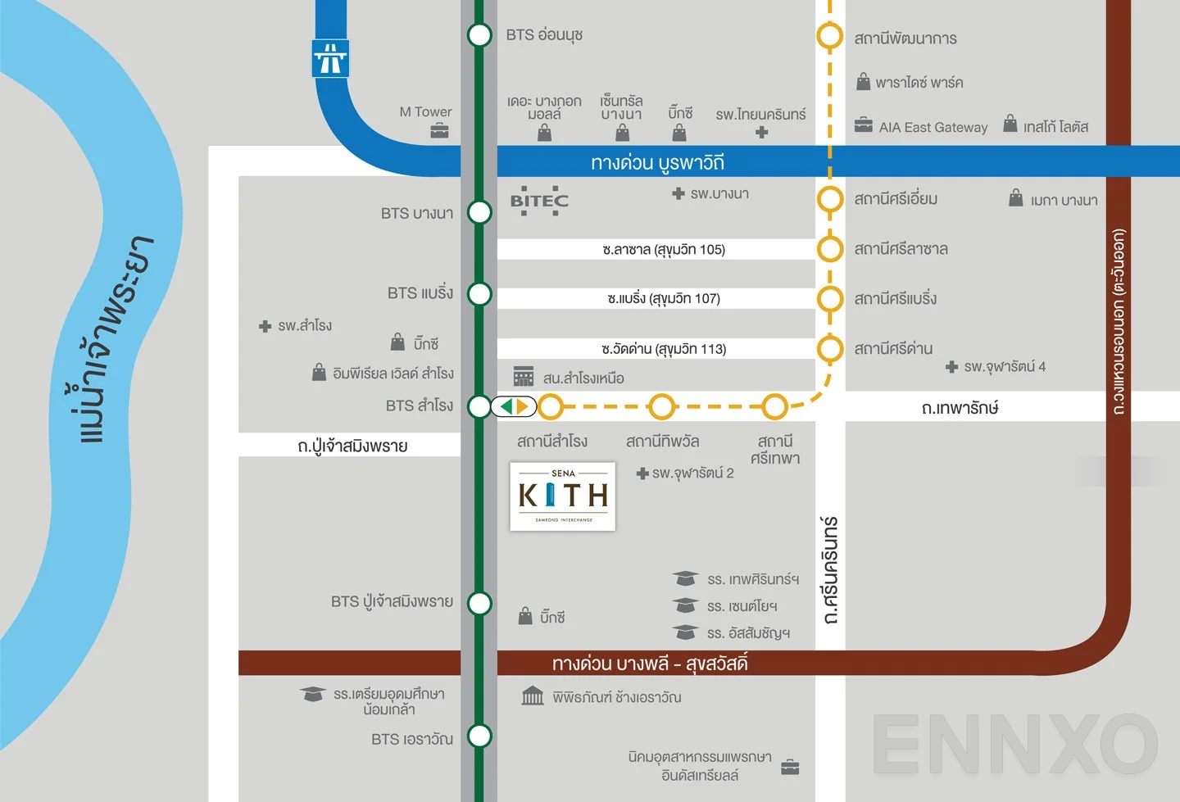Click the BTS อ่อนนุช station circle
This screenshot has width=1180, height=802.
click(x=479, y=35)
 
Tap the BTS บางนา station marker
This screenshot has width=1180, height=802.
click(x=479, y=212)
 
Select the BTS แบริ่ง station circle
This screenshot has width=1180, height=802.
click(x=479, y=293)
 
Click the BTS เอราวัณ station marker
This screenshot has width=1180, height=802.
click(x=479, y=736)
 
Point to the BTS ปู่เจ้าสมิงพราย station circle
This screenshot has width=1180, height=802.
click(x=479, y=604)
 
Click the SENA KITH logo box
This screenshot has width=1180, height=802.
click(x=563, y=496)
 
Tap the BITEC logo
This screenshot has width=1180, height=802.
click(x=539, y=201)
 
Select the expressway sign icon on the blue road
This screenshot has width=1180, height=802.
click(x=330, y=59)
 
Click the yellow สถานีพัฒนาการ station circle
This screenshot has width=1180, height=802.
click(x=830, y=36)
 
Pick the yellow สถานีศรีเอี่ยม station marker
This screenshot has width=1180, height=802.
click(x=830, y=198)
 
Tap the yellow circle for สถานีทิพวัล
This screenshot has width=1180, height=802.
click(x=661, y=406)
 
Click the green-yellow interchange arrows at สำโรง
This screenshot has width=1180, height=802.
click(x=514, y=406)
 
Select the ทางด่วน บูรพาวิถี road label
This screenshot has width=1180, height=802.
click(x=657, y=162)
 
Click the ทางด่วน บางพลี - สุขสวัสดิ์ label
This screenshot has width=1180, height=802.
click(x=650, y=663)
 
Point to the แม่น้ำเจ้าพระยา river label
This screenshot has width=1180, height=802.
click(x=115, y=340)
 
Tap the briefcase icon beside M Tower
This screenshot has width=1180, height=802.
click(x=440, y=131)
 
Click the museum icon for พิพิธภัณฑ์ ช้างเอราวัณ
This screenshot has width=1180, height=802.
click(x=533, y=696)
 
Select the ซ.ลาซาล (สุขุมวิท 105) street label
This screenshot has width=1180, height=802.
click(x=664, y=249)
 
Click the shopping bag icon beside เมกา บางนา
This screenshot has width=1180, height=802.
click(x=1016, y=197)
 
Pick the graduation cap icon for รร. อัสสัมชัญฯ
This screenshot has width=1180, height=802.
click(x=685, y=632)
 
